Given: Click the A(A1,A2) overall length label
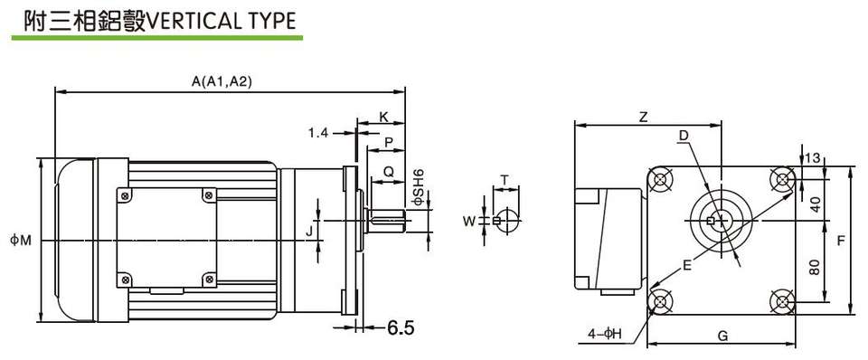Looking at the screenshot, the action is (222, 81).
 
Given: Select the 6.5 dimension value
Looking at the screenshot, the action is (401, 327).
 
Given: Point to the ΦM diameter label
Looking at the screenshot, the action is (20, 241).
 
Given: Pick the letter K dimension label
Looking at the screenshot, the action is (383, 117).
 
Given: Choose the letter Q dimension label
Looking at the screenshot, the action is (389, 172).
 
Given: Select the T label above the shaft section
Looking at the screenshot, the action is (505, 179).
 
